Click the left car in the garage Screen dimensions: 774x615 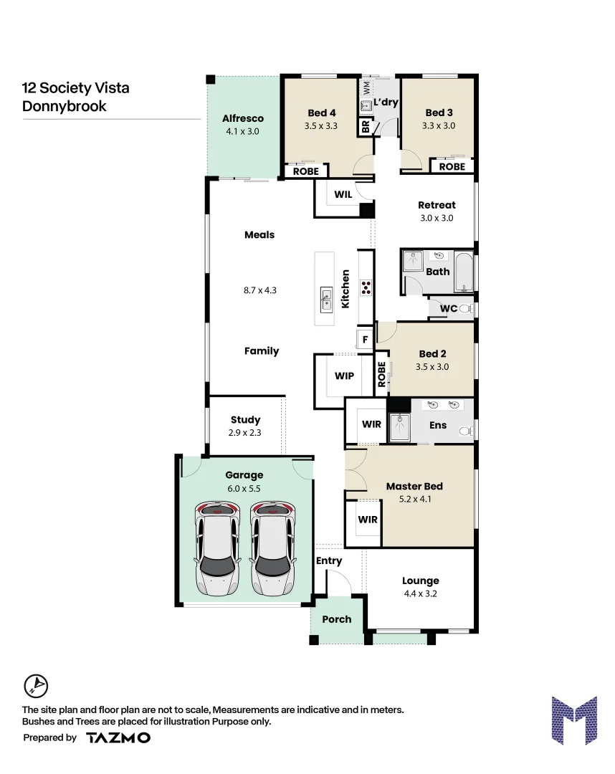[x=216, y=548]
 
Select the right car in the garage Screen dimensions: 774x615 [x=272, y=548]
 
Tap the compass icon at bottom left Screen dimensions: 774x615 [x=35, y=686]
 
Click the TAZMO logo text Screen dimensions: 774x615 [x=118, y=737]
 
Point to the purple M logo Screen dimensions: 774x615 [x=573, y=720]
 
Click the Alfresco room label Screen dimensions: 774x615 [x=243, y=118]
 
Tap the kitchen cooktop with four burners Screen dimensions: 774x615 [x=366, y=287]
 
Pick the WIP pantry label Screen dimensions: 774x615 [x=344, y=376]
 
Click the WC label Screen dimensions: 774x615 [x=448, y=309]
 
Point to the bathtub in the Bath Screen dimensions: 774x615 [x=464, y=272]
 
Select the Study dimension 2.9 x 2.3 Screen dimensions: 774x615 [x=245, y=433]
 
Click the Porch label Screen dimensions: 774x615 [x=337, y=619]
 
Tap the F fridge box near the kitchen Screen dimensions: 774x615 [x=365, y=339]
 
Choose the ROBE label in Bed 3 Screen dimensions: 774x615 [x=452, y=166]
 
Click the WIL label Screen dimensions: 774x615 [x=343, y=193]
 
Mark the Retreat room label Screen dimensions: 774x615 [x=437, y=205]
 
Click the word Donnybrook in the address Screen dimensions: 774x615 [x=65, y=106]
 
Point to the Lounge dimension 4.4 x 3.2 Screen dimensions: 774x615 [x=420, y=593]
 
